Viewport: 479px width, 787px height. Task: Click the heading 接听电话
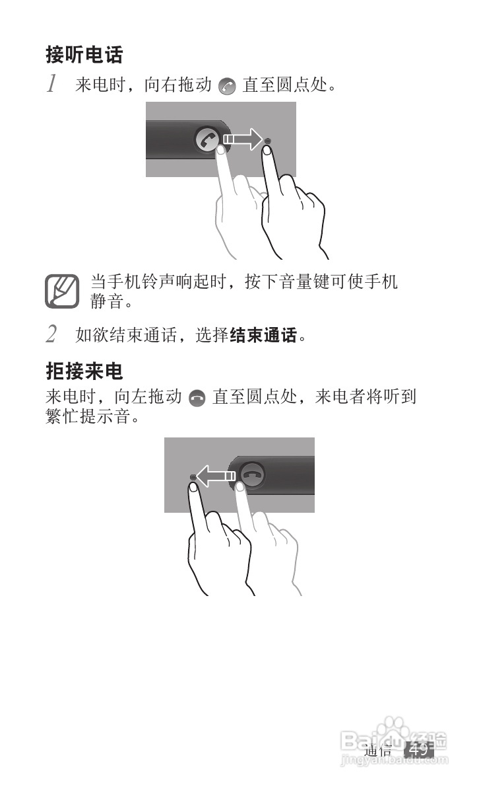(x=84, y=54)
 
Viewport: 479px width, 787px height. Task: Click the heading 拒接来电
(x=84, y=371)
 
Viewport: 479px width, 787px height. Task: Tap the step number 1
(x=51, y=85)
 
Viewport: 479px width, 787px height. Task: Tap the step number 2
(x=51, y=334)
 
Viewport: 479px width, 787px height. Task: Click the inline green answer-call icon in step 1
(x=226, y=86)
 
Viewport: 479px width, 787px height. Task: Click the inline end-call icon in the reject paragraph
(x=197, y=398)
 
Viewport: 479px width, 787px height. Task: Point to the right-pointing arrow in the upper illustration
(x=241, y=140)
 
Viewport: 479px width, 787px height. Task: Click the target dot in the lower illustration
(x=193, y=476)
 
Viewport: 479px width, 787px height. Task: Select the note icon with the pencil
(x=62, y=291)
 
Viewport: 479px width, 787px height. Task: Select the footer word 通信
(x=378, y=750)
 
